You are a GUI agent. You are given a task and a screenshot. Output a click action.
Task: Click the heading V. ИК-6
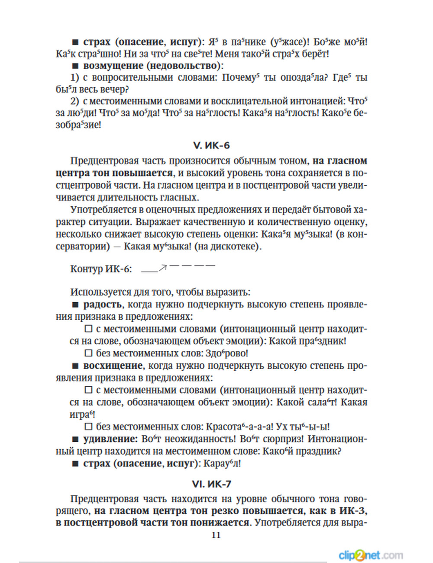[211, 146]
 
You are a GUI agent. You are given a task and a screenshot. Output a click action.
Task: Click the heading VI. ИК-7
[211, 484]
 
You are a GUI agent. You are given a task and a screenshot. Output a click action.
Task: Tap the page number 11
[216, 535]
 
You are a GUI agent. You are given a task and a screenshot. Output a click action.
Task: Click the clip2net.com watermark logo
[371, 555]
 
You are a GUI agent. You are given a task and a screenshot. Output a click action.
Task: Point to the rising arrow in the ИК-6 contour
[163, 268]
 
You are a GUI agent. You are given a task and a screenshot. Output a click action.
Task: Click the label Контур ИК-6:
[101, 269]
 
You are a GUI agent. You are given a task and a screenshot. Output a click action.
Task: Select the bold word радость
[103, 304]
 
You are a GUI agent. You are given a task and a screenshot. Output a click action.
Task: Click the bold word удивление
[110, 439]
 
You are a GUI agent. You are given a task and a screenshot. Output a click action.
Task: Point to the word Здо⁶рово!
[226, 353]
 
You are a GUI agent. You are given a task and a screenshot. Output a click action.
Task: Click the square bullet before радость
[75, 305]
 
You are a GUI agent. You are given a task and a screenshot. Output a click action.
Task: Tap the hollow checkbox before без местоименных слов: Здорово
[89, 353]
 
